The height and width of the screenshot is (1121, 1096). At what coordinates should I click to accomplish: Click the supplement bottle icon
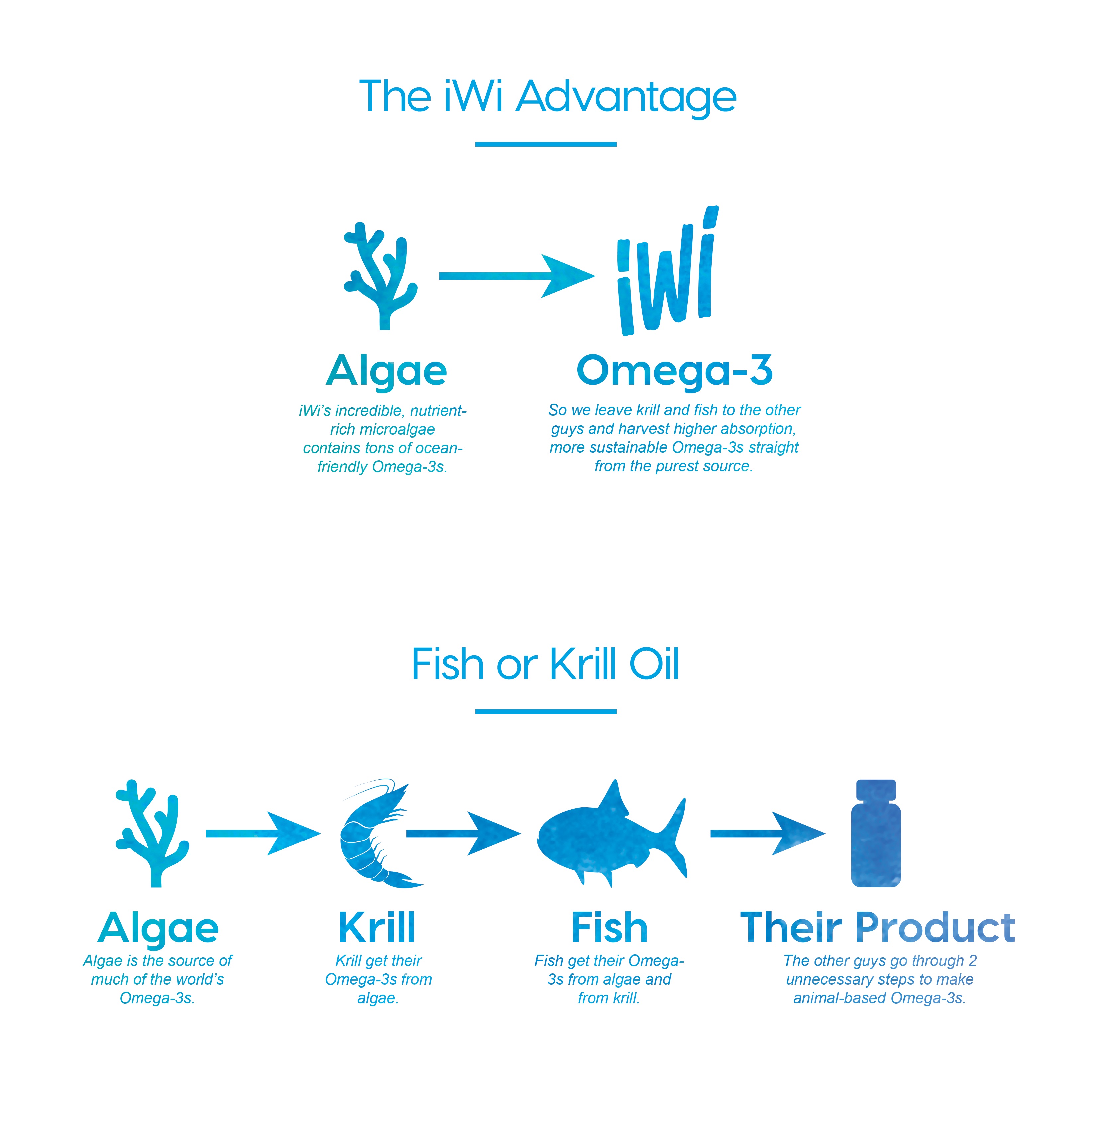[x=875, y=833]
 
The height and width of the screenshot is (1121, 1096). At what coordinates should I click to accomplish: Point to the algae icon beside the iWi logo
[x=380, y=276]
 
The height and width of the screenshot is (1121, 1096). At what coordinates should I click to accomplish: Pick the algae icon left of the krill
[x=152, y=833]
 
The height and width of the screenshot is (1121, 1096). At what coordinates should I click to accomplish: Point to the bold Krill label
[x=377, y=928]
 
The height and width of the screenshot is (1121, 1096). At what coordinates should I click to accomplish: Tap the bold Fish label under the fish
[x=609, y=928]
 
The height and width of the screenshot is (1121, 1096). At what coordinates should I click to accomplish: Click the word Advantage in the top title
[x=626, y=97]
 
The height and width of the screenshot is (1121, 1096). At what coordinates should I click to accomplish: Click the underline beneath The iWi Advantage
[x=546, y=144]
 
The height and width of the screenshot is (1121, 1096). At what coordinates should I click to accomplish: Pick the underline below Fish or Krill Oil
[x=546, y=712]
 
